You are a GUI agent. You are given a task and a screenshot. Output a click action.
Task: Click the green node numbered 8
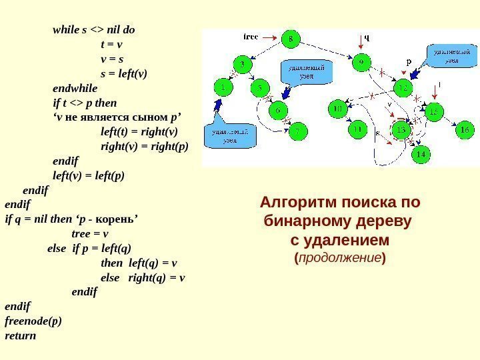[x=290, y=39]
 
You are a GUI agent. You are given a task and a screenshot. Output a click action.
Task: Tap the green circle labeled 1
[x=223, y=87]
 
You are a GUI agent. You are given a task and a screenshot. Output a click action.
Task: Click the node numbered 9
[x=361, y=63]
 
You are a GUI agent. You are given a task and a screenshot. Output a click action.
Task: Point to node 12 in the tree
[x=403, y=87]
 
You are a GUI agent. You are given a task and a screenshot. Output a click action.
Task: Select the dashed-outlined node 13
[x=401, y=130]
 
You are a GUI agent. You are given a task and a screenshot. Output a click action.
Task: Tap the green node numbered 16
[x=465, y=131]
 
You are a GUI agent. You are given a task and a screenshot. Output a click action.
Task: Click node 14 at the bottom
[x=419, y=155]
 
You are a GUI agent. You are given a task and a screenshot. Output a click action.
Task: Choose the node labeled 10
[x=337, y=107]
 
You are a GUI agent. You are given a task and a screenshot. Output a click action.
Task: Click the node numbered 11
[x=358, y=129]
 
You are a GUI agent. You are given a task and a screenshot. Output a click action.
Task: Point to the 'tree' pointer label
[x=251, y=36]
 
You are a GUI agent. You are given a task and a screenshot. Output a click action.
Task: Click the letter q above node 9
[x=366, y=38]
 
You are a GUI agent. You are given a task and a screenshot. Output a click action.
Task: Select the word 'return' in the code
[x=21, y=335]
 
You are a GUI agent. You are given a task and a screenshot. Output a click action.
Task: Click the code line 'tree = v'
[x=89, y=233]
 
